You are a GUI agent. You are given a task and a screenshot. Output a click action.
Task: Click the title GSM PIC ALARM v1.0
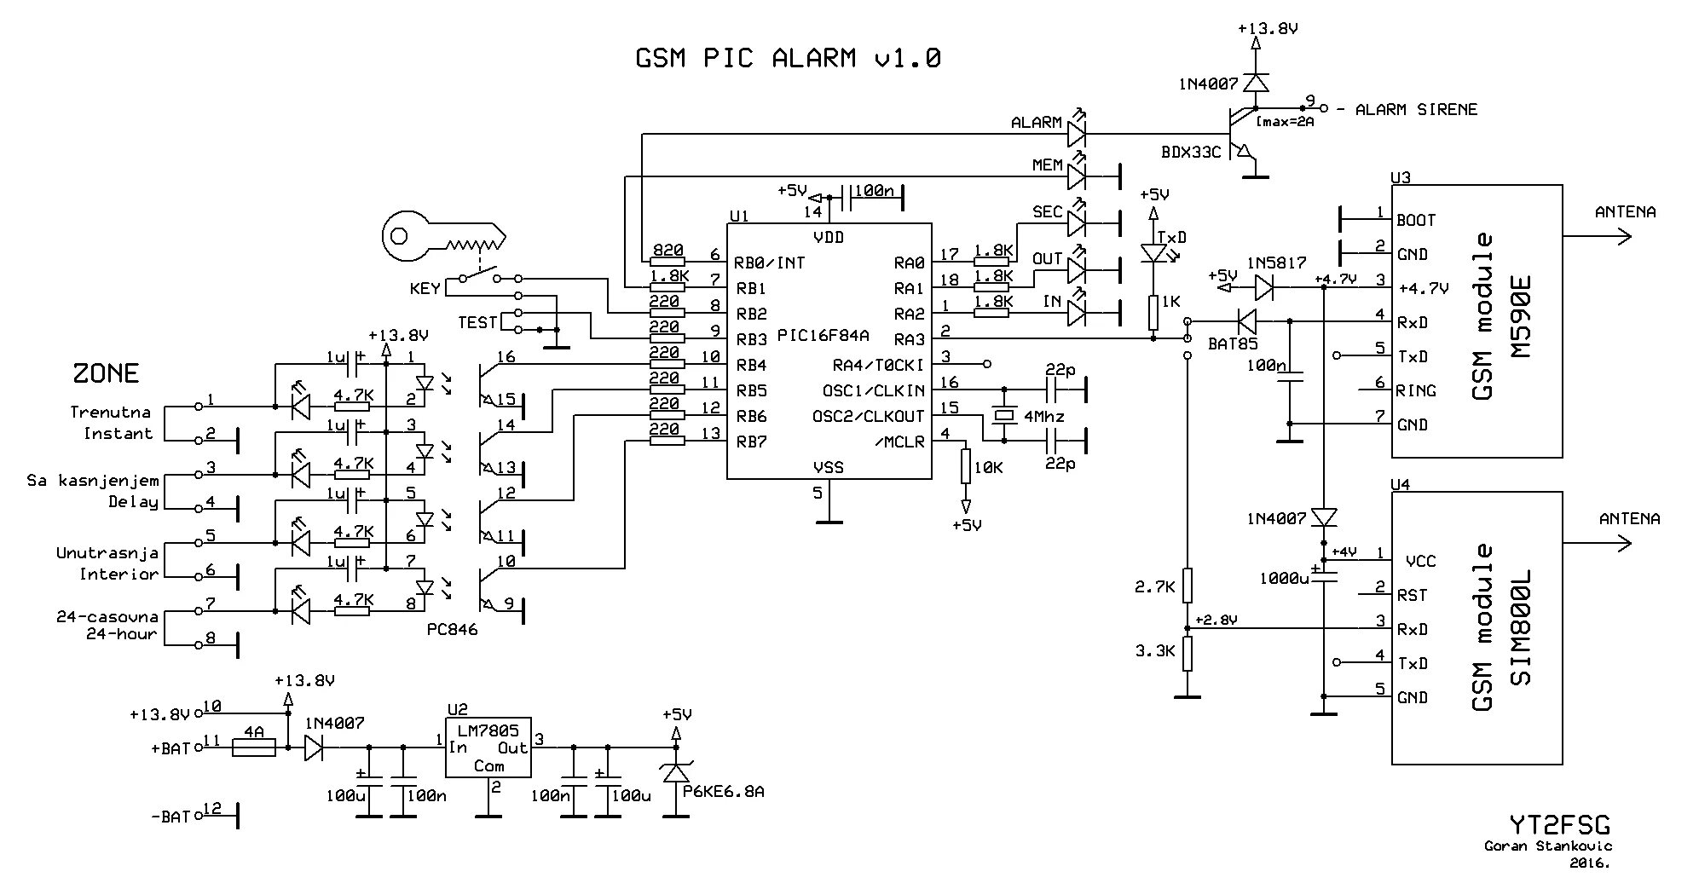coord(788,58)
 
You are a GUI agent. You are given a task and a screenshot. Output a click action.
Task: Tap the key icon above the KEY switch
coord(443,237)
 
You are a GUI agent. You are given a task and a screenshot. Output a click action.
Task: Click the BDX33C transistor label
coord(1190,153)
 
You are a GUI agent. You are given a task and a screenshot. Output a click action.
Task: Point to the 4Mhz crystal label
coord(1043,417)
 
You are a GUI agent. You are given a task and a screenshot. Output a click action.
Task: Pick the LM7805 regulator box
coord(488,748)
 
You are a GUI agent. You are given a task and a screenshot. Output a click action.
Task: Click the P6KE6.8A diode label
coord(723,792)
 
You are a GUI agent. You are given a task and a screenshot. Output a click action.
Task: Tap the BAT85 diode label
coord(1232,344)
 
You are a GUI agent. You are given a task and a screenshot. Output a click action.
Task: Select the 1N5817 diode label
coord(1275,263)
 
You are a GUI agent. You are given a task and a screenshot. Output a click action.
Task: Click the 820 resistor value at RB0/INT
coord(667,251)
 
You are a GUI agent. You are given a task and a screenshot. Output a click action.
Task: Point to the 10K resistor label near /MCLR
coord(988,467)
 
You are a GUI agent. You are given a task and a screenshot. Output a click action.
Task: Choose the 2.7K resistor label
coord(1155,586)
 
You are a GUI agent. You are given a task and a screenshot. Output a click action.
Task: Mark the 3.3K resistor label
coord(1155,651)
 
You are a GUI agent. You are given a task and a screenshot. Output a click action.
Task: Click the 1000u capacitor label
coord(1283,579)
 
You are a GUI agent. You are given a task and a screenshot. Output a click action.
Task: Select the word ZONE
coord(105,373)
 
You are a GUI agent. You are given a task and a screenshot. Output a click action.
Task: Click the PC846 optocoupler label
coord(452,629)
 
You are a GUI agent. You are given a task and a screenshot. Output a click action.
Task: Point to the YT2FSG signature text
coord(1559,825)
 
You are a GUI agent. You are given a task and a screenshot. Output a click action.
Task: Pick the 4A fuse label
coord(254,732)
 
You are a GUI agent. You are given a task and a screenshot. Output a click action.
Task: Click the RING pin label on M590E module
coord(1415,391)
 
